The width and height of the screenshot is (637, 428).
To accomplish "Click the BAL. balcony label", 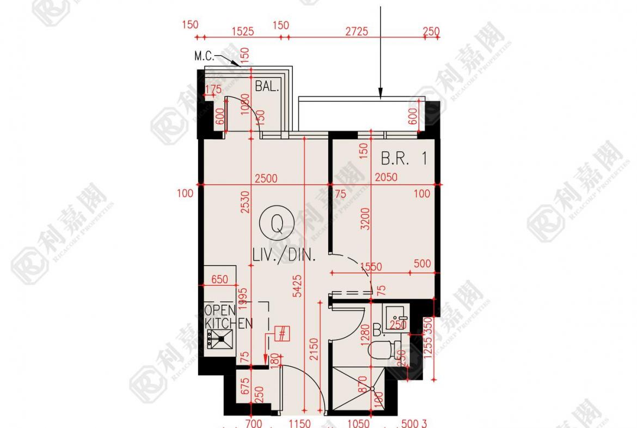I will pyautogui.click(x=267, y=86).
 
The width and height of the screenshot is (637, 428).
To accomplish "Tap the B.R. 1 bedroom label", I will pyautogui.click(x=404, y=159).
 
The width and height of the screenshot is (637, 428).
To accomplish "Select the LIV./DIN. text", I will pyautogui.click(x=284, y=255).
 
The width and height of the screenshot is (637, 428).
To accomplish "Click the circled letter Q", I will pyautogui.click(x=277, y=224).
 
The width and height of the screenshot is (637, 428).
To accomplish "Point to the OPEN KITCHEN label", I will pyautogui.click(x=228, y=316).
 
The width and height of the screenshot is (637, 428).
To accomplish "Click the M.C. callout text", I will pyautogui.click(x=205, y=56).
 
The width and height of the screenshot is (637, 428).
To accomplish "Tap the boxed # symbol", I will pyautogui.click(x=282, y=333).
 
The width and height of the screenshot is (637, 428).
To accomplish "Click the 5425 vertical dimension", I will pyautogui.click(x=297, y=286).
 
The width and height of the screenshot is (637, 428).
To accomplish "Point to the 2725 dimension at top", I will pyautogui.click(x=357, y=32).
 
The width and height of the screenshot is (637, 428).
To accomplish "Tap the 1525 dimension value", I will pyautogui.click(x=242, y=32).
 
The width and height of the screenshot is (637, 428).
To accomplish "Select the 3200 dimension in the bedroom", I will pyautogui.click(x=365, y=218).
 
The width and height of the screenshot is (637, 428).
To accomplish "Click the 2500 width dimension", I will pyautogui.click(x=266, y=178).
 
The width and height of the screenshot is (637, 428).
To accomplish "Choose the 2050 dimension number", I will pyautogui.click(x=385, y=177).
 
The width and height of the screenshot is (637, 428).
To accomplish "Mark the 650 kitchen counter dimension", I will pyautogui.click(x=219, y=279).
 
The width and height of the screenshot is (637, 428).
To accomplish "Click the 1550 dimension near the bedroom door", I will pyautogui.click(x=371, y=267).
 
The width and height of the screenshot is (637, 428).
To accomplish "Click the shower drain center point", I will pyautogui.click(x=372, y=389).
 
